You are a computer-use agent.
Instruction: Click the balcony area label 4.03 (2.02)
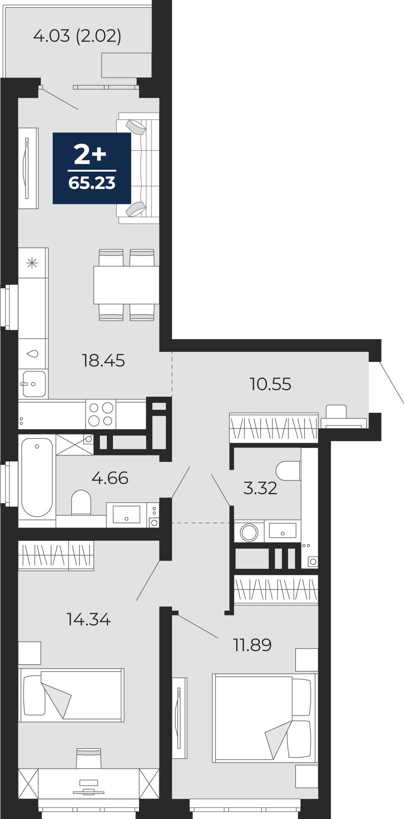tap(77, 36)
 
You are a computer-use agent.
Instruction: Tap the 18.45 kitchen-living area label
tap(104, 361)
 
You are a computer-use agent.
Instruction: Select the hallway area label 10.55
tap(271, 384)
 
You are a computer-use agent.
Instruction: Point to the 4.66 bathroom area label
tap(110, 478)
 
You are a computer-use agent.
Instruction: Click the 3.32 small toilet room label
tap(260, 488)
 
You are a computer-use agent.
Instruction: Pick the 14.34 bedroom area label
tap(88, 620)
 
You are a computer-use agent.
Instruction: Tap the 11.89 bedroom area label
tap(252, 645)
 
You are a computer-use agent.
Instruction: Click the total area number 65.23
tap(92, 183)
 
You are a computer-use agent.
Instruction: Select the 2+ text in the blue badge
tap(90, 154)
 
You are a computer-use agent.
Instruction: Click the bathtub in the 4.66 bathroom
tap(37, 477)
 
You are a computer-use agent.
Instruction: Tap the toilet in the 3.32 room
tap(289, 471)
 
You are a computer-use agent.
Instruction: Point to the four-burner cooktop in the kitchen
tap(101, 414)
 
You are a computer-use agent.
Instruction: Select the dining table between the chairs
tap(126, 285)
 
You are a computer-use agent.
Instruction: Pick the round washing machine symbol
tap(249, 533)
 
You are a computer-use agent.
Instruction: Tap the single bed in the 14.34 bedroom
tap(71, 695)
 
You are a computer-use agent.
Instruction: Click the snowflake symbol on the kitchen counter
tap(32, 263)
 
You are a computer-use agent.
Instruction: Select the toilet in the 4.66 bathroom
tap(81, 503)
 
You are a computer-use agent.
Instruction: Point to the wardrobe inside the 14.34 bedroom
tap(56, 555)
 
